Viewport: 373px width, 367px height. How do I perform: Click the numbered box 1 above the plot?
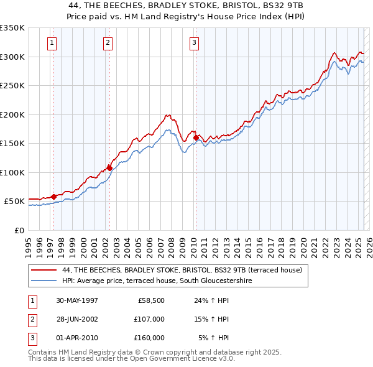pyautogui.click(x=51, y=43)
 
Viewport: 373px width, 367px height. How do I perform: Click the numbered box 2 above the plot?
pyautogui.click(x=108, y=43)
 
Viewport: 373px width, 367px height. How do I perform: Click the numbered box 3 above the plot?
pyautogui.click(x=194, y=43)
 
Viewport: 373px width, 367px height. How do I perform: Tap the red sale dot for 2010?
pyautogui.click(x=196, y=137)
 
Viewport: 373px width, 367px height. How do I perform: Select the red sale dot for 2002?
pyautogui.click(x=110, y=168)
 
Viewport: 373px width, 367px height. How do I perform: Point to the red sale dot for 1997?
pyautogui.click(x=53, y=197)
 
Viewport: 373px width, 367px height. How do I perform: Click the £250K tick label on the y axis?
pyautogui.click(x=12, y=86)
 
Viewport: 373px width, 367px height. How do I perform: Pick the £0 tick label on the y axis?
pyautogui.click(x=19, y=231)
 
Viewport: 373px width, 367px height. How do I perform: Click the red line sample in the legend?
pyautogui.click(x=44, y=270)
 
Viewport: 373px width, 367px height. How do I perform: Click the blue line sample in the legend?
pyautogui.click(x=44, y=281)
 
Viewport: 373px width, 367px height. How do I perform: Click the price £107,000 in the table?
pyautogui.click(x=149, y=319)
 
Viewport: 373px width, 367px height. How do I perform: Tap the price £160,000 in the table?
pyautogui.click(x=149, y=338)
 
